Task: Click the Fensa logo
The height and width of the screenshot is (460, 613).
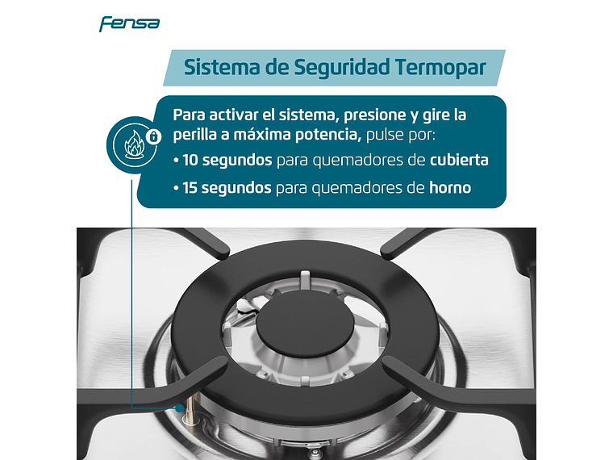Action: (x=129, y=23)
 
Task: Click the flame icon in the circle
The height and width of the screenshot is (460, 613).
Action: (x=131, y=147)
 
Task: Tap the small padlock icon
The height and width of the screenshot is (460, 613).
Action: (x=152, y=136)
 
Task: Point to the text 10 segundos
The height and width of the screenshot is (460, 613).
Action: (x=227, y=160)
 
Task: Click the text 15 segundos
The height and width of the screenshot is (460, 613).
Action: (x=227, y=189)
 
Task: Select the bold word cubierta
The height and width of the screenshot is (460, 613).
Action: (x=459, y=160)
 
